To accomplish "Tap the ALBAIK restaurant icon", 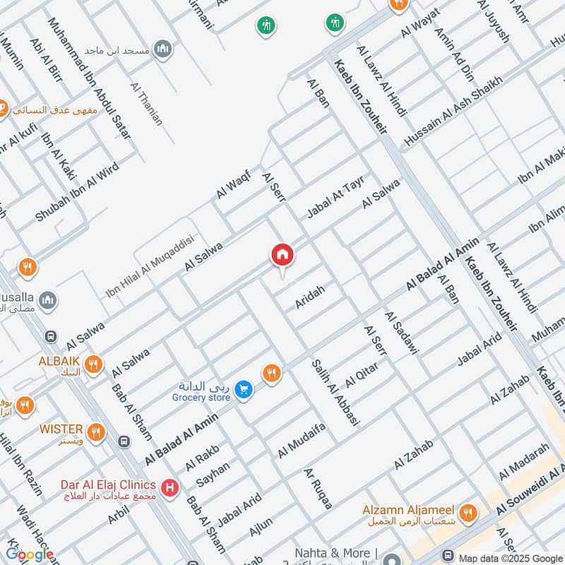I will click(93, 365).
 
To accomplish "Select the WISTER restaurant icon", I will click(96, 430).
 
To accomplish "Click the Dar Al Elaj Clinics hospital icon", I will click(169, 487).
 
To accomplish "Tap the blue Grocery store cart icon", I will click(244, 390).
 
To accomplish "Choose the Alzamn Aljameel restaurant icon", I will click(467, 512).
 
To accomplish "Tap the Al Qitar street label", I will click(362, 374).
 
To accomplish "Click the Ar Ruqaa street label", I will click(317, 488).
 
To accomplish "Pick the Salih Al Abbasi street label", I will click(335, 393).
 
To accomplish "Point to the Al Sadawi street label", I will click(402, 332).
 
